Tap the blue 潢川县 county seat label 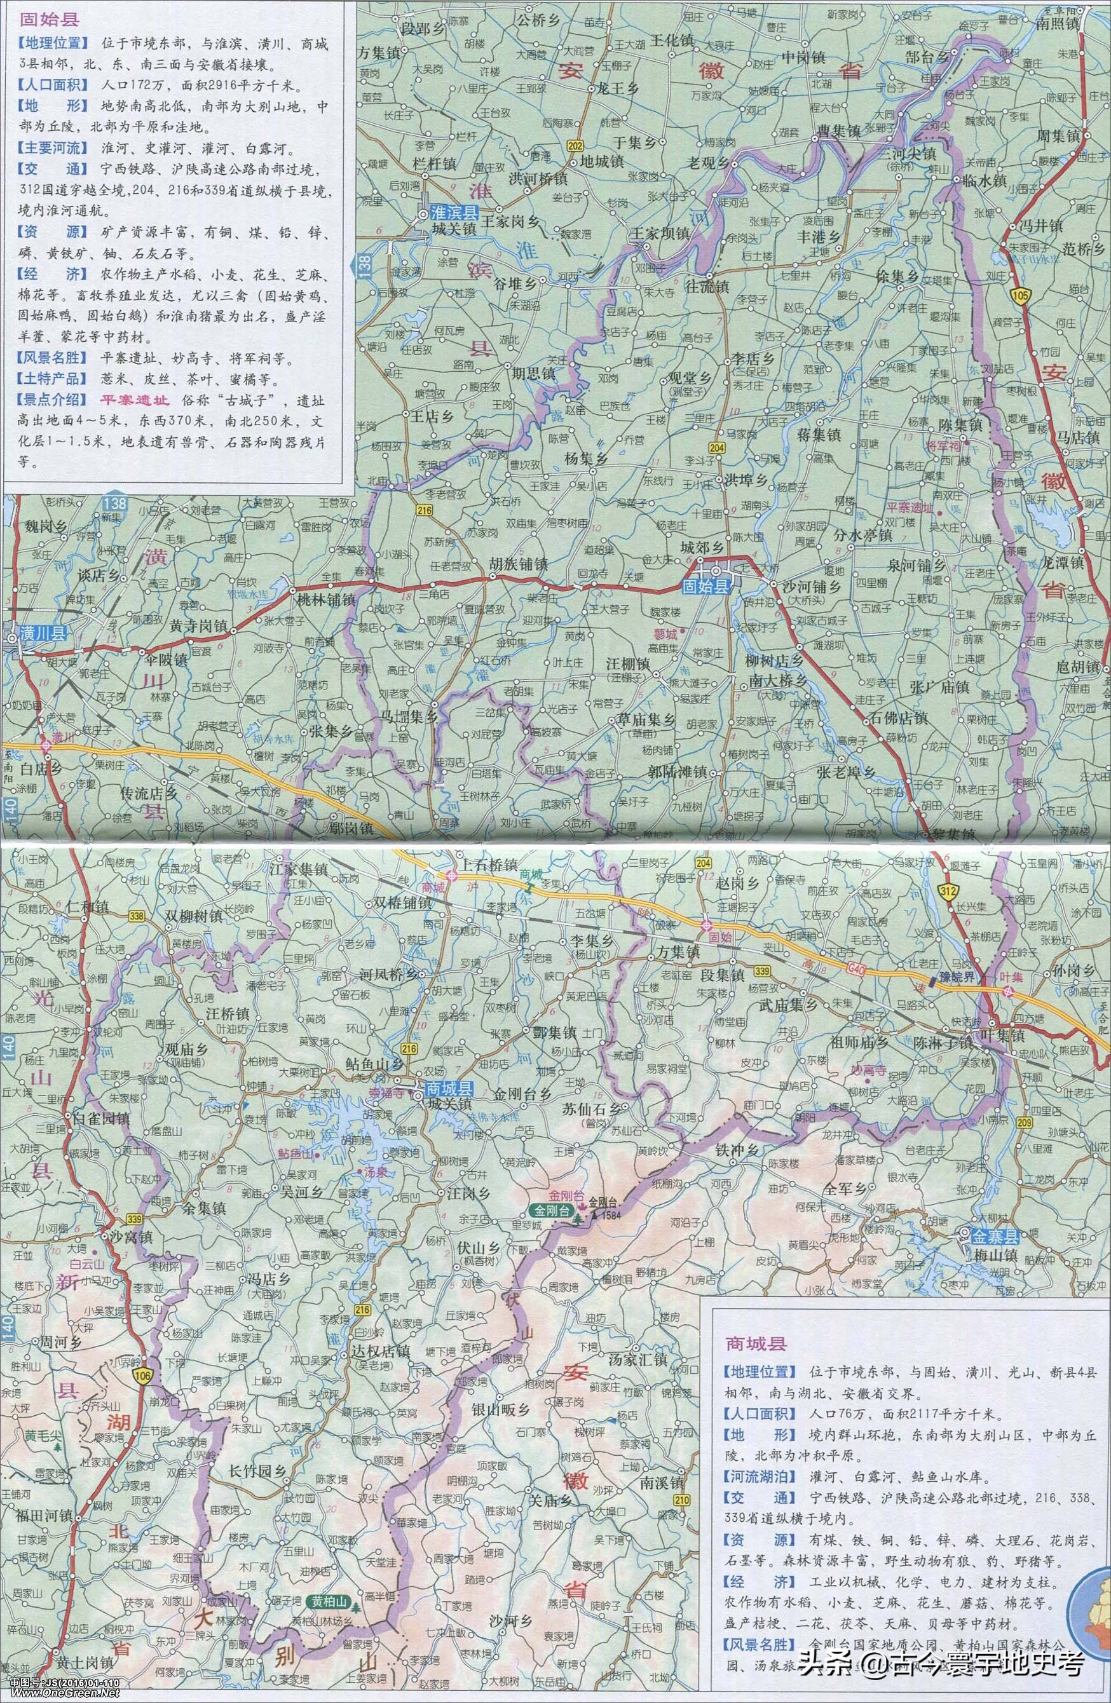43,632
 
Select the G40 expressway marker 896,972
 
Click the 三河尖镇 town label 908,153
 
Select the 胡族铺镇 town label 518,564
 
